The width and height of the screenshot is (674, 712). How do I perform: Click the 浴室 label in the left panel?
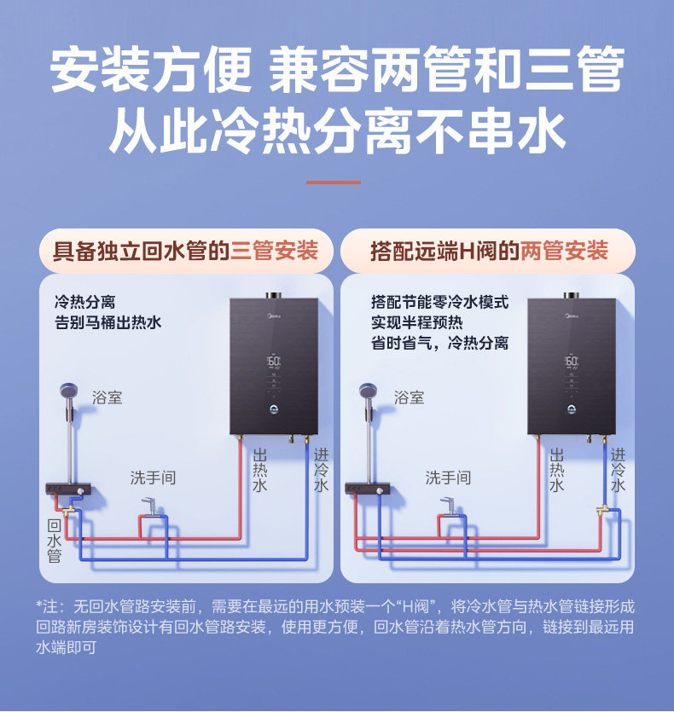tap(107, 397)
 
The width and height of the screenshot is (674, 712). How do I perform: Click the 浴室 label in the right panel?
tap(409, 397)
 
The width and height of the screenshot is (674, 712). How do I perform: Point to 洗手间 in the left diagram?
tap(153, 478)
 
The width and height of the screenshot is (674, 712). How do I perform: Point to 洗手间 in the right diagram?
tap(448, 478)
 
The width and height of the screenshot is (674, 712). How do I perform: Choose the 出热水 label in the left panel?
tap(260, 470)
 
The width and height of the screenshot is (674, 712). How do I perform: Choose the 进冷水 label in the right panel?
tap(618, 470)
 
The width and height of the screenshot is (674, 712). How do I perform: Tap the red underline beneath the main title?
tap(333, 182)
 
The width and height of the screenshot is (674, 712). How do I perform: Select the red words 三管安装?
tap(274, 251)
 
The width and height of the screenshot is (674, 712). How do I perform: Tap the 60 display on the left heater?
tap(274, 361)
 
